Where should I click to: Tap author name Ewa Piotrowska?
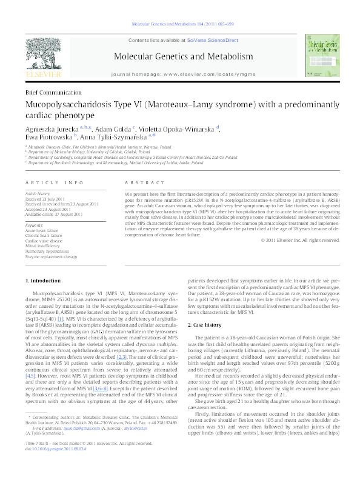click(x=48, y=137)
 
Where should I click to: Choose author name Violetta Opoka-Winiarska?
click(x=182, y=128)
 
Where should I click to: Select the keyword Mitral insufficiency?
click(x=44, y=246)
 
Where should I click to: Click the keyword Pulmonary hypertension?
click(x=47, y=252)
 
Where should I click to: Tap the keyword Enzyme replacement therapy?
click(x=52, y=257)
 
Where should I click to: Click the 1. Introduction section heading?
click(x=45, y=281)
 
